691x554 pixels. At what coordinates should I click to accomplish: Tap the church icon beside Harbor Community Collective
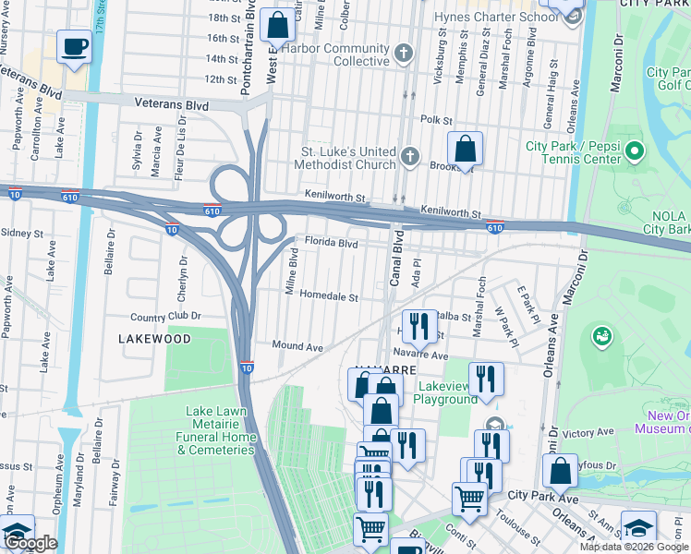click(403, 54)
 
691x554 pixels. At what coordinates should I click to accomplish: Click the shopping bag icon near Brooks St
click(466, 149)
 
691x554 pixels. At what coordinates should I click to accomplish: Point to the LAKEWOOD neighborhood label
click(154, 339)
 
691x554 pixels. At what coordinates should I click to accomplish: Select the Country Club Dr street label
click(165, 316)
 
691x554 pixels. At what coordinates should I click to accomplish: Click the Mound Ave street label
click(297, 345)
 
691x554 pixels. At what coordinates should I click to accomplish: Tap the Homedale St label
click(329, 297)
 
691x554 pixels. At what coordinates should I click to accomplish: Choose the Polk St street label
click(436, 120)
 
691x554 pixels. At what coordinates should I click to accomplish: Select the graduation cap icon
click(637, 527)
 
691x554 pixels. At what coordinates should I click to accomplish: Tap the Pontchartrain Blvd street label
click(248, 46)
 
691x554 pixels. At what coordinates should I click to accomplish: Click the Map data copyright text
click(633, 547)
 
